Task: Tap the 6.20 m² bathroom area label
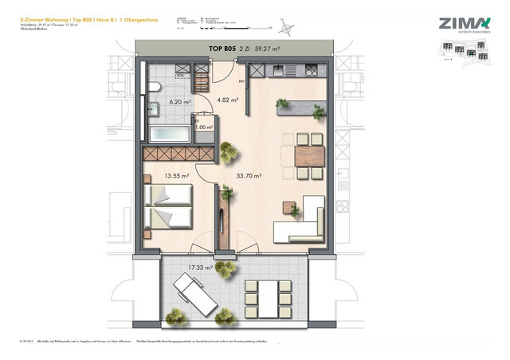coord(179,102)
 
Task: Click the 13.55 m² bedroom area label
coord(176,176)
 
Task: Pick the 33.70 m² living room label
coord(248,176)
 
